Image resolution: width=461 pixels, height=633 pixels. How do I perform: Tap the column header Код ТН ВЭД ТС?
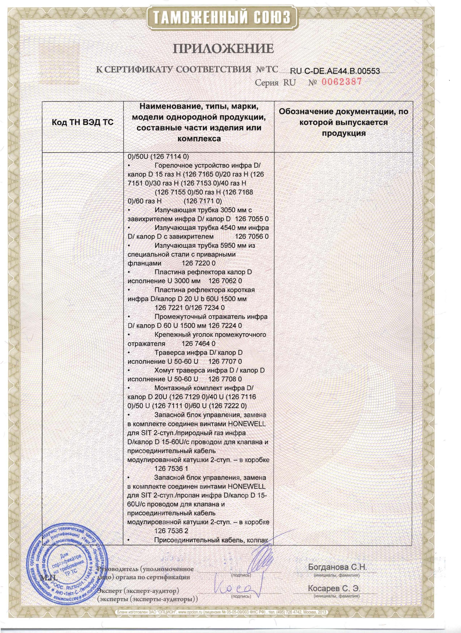[83, 123]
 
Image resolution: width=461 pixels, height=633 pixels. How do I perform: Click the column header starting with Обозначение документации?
[344, 123]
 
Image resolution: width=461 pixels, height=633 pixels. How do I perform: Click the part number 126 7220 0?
[199, 263]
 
